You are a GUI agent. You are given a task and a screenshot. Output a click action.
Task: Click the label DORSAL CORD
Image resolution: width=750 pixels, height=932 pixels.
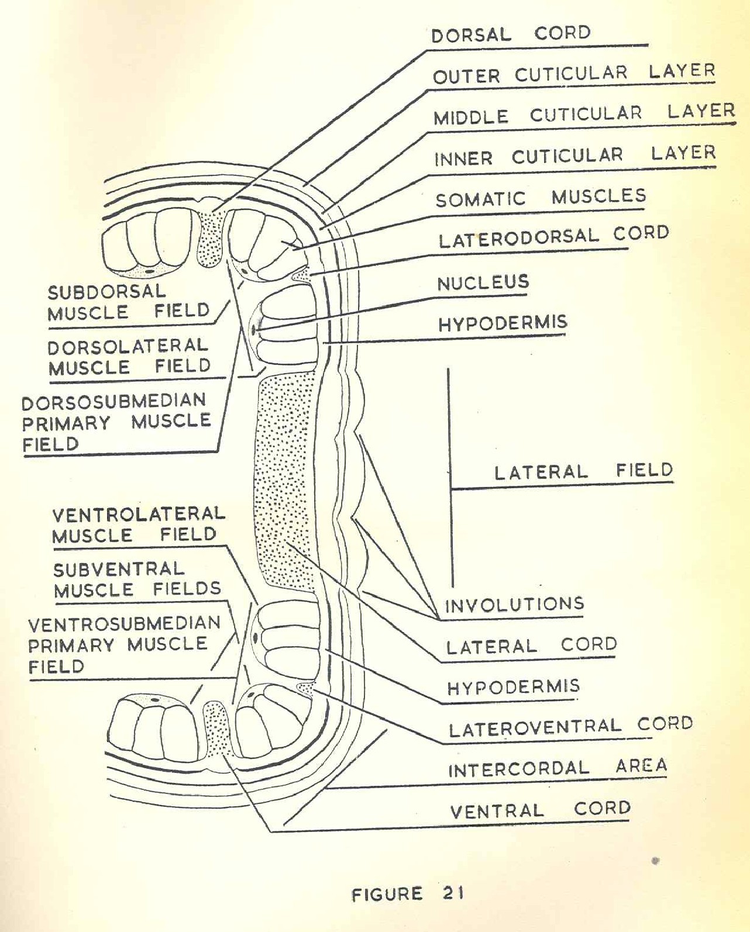pos(511,34)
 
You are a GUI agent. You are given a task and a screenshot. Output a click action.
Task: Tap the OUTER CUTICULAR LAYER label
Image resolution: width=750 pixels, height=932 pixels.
pos(573,74)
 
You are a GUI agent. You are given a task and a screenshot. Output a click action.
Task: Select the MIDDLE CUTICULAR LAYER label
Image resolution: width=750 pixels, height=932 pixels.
pos(583,114)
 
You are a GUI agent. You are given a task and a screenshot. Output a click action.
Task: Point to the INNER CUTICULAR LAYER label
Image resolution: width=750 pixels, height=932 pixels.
pos(574,156)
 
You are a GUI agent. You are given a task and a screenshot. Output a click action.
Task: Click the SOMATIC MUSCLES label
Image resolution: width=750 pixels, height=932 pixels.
pos(540,198)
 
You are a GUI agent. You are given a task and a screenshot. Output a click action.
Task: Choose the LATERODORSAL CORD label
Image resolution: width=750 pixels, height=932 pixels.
pos(553,237)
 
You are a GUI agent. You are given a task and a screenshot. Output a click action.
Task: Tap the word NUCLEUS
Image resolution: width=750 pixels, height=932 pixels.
pos(483,284)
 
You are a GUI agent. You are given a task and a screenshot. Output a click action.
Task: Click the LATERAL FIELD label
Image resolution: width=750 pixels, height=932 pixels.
pos(583,471)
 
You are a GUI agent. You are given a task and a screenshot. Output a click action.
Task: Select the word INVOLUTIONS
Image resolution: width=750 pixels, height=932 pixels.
pos(514,605)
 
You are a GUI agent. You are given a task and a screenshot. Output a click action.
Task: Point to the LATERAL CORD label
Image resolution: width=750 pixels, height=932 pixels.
pos(531,646)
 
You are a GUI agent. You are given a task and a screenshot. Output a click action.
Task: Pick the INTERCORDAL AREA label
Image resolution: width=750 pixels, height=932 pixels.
pos(557,768)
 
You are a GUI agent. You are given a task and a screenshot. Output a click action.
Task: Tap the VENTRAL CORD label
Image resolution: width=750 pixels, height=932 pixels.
pos(540,810)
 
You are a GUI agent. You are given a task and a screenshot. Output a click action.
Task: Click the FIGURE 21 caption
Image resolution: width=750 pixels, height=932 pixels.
pos(408,893)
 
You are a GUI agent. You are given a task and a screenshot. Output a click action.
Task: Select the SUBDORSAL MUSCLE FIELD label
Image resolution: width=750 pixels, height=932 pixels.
pos(128,302)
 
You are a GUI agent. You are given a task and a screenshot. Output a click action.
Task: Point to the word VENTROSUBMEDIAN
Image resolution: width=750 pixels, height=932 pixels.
pos(124,624)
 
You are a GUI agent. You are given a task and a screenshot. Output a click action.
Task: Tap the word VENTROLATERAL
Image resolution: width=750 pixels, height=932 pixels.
pos(139,515)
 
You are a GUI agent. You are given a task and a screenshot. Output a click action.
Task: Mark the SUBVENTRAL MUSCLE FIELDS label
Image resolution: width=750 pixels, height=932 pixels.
pos(137,579)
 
